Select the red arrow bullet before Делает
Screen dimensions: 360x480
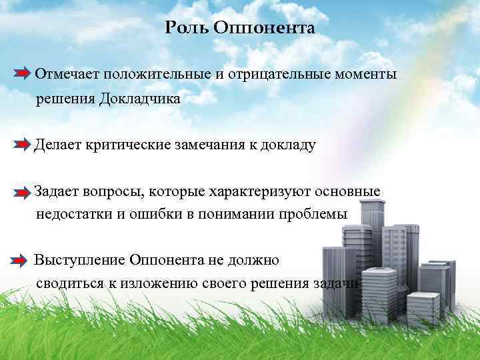[22, 144]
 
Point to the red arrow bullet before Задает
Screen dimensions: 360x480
[22, 193]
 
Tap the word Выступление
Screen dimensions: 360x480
[79, 259]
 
